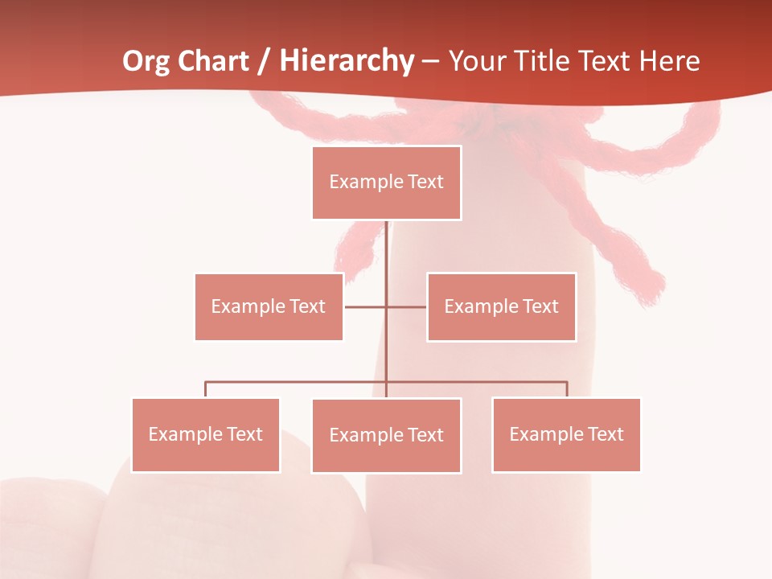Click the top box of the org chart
point(386,183)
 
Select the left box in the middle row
point(269,306)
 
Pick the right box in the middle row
point(501,306)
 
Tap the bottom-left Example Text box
point(206,434)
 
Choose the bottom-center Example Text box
point(386,435)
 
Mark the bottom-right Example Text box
point(566,434)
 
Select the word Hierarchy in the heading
point(347,61)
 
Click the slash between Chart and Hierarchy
point(264,61)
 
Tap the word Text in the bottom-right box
point(605,434)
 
